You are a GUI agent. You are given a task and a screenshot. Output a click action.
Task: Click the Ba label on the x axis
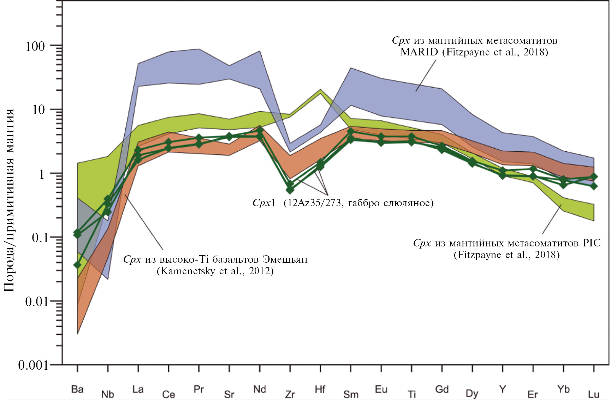click(x=77, y=389)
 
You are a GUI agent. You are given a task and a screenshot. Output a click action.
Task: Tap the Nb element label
click(x=108, y=394)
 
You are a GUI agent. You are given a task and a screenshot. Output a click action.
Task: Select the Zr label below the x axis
click(x=290, y=394)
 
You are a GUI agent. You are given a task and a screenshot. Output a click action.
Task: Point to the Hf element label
click(x=320, y=389)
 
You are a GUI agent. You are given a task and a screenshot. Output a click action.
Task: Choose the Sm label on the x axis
click(x=351, y=394)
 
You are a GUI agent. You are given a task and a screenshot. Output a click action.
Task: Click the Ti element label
click(x=411, y=394)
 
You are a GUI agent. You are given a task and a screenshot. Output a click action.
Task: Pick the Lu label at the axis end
click(x=594, y=394)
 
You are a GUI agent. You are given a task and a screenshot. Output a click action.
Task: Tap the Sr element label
click(x=229, y=394)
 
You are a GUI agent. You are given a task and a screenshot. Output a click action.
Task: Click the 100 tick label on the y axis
click(x=35, y=46)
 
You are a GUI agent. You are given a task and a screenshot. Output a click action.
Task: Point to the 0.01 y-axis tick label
click(x=37, y=302)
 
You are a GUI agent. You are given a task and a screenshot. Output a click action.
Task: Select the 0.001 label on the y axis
click(x=33, y=365)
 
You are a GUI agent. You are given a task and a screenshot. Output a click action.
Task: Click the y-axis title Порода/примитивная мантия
click(x=10, y=200)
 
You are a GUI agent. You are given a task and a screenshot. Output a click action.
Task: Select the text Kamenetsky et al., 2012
click(x=215, y=271)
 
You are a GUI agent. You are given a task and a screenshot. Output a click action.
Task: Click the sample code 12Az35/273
click(x=314, y=203)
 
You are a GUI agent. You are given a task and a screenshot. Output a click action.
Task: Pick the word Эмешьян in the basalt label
click(x=285, y=259)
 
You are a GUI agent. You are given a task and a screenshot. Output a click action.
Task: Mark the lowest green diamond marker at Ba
click(x=77, y=265)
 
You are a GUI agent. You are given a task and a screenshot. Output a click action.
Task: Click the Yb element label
click(x=563, y=389)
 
